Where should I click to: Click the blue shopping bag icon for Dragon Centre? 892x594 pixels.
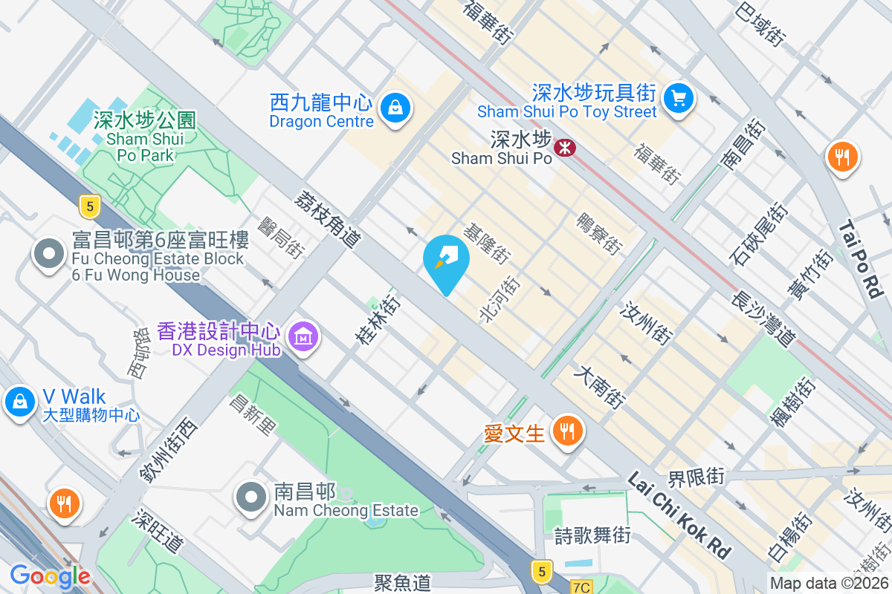click(396, 108)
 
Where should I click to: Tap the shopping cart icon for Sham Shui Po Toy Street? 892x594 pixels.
click(678, 97)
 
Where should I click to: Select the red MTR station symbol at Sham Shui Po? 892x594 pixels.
click(566, 148)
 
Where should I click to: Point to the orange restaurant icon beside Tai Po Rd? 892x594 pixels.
click(842, 157)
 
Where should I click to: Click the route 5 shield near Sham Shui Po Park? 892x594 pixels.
click(89, 207)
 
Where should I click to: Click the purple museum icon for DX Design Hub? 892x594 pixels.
click(303, 336)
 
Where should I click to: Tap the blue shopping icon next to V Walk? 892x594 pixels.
click(19, 402)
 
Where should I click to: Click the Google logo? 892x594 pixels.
click(51, 575)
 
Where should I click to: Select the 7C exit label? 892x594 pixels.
click(581, 587)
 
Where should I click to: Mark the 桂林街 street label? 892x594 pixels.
click(378, 320)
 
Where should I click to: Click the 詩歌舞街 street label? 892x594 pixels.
click(592, 535)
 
